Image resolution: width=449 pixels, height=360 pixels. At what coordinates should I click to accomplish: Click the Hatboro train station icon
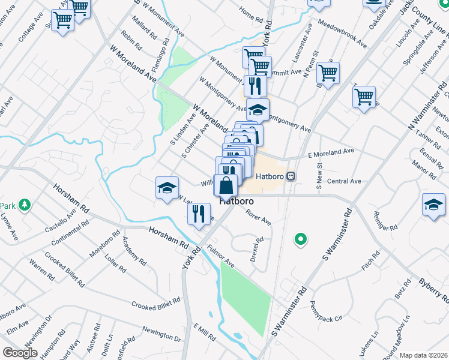291,176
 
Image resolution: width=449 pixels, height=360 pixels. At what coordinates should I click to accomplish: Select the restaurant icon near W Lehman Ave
199,214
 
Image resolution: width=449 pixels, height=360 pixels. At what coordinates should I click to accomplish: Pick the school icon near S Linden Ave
167,188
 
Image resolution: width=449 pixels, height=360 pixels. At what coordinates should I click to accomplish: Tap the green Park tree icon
25,206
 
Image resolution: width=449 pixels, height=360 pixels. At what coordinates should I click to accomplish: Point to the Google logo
20,352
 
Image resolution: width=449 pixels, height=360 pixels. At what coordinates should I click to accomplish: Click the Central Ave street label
344,181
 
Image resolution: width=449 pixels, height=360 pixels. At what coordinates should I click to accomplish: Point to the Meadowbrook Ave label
342,35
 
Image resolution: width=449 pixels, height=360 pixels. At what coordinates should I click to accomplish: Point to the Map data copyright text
424,355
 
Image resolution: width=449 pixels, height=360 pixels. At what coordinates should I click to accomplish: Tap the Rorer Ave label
258,217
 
